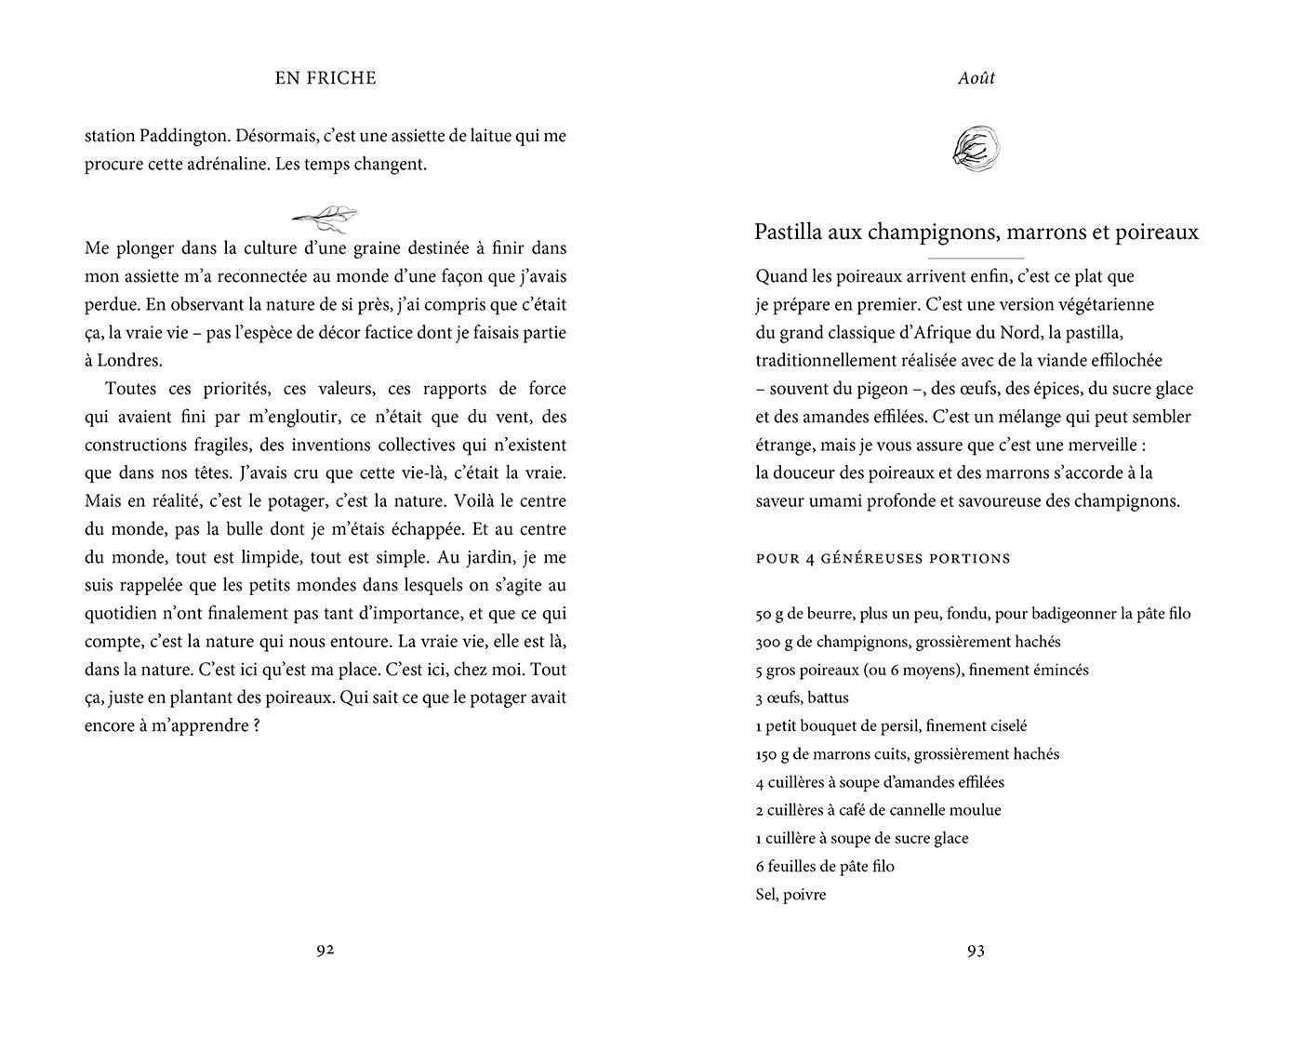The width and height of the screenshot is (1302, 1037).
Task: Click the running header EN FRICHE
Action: (x=325, y=78)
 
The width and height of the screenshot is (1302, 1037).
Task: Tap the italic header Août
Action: (x=976, y=78)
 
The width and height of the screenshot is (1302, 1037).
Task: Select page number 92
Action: (x=325, y=950)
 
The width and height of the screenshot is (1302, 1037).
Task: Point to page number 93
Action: (x=976, y=950)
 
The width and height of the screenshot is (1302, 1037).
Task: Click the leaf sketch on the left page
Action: (x=325, y=218)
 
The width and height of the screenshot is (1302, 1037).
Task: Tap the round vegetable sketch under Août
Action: (x=976, y=149)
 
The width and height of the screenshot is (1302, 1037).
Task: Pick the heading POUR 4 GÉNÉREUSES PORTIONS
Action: (x=883, y=558)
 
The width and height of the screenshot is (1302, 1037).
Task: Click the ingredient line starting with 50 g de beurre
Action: (x=973, y=614)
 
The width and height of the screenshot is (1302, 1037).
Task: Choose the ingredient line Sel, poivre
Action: (x=790, y=895)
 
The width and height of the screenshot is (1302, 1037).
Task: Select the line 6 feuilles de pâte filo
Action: (x=825, y=867)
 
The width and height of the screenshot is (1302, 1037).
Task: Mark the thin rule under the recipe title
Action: (x=976, y=258)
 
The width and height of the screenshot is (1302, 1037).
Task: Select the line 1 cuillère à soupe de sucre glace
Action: (x=862, y=838)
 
